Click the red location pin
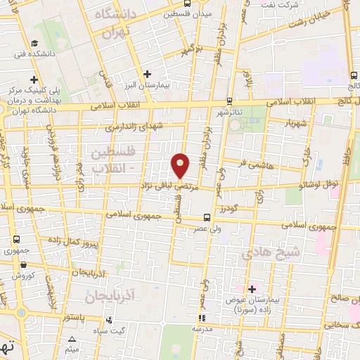tap(181, 165)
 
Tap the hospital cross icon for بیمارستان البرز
tap(147, 74)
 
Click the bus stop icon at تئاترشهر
tap(230, 102)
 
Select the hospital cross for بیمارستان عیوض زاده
tap(252, 289)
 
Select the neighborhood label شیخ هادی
tap(261, 253)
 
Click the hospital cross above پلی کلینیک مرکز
tap(33, 79)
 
